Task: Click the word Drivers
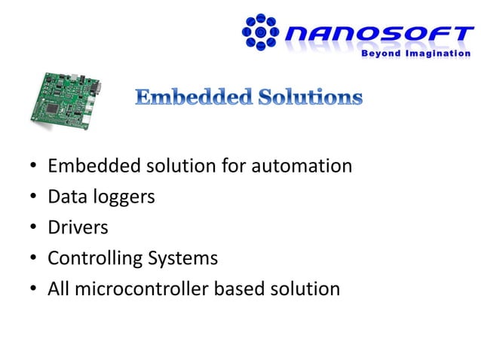[x=78, y=227]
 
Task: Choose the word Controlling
[x=93, y=259]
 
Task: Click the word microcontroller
[x=145, y=289]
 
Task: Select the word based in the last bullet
[x=251, y=289]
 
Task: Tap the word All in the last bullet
[x=58, y=289]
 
